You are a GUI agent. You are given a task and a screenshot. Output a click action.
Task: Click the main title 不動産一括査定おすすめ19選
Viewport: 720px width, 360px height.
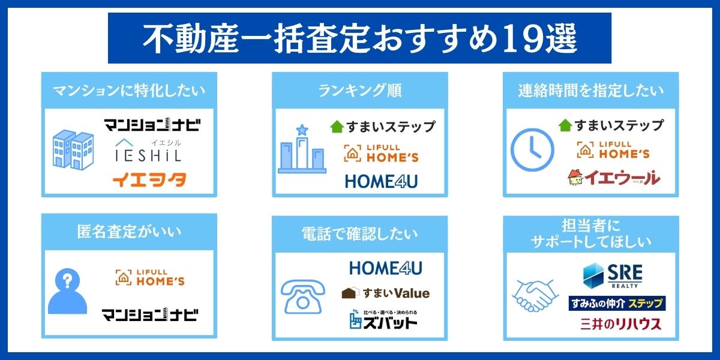(x=359, y=38)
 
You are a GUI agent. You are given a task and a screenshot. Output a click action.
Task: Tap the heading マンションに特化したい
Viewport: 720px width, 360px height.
(x=129, y=91)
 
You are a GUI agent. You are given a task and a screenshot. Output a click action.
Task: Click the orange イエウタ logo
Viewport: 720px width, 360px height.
(x=149, y=179)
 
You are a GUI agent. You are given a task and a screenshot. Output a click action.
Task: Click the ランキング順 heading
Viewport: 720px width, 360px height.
(x=359, y=91)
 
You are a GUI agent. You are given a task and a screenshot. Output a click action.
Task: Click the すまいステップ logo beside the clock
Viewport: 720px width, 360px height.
(x=611, y=125)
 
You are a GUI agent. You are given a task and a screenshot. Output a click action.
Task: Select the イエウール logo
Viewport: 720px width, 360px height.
(x=613, y=177)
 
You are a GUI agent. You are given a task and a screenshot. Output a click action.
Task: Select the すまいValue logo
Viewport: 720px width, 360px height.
(x=385, y=293)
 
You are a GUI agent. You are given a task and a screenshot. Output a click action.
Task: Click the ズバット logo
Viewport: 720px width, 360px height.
(x=383, y=320)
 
